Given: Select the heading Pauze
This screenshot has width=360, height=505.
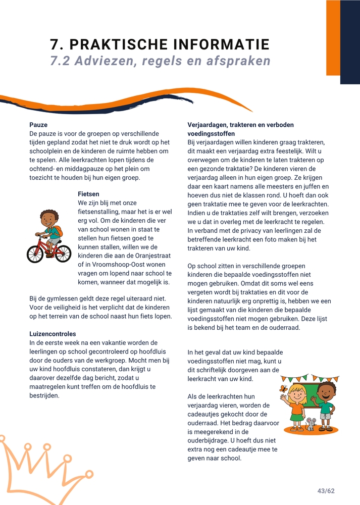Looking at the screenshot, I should (x=38, y=125).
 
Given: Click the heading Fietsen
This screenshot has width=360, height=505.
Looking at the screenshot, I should (x=88, y=194).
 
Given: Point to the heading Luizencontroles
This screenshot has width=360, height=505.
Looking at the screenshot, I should (x=53, y=334).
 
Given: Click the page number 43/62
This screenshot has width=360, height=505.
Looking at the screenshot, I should (x=326, y=491).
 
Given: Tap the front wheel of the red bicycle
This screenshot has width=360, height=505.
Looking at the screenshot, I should (x=63, y=252).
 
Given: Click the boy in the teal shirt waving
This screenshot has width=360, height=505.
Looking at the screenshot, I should (x=326, y=404).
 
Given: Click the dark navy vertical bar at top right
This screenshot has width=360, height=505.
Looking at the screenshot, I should (x=350, y=41).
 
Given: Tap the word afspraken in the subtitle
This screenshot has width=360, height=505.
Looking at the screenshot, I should (x=239, y=61).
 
